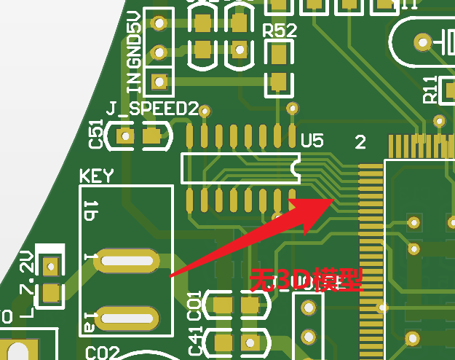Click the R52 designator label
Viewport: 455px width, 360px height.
pos(280,31)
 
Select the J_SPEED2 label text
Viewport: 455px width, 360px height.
pos(151,109)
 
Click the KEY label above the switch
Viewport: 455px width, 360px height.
pos(96,176)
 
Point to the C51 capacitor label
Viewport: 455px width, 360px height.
pos(95,135)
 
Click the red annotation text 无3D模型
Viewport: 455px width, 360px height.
pos(306,280)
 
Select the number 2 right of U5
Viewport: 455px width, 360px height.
pos(360,141)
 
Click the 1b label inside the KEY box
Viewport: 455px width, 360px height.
pos(91,211)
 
